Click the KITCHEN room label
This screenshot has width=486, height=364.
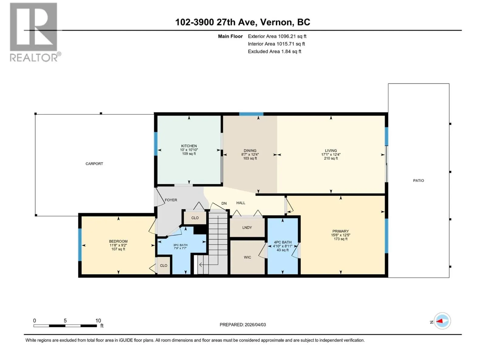189,146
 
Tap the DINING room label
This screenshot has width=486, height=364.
250,150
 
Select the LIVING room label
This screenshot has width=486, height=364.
331,150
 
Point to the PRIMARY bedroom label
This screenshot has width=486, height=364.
341,231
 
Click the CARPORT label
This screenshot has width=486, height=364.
94,164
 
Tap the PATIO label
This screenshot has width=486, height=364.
419,180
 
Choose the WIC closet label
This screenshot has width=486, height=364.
247,257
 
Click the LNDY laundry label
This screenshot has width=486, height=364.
247,227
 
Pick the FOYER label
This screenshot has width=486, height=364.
171,200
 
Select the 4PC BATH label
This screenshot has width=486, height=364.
282,242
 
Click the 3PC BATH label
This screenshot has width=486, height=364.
180,245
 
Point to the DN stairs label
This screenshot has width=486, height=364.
224,203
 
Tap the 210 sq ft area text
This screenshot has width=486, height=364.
331,158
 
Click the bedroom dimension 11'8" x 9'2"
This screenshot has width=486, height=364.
118,245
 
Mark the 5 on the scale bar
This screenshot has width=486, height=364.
65,320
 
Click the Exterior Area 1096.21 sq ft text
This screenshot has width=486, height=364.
277,36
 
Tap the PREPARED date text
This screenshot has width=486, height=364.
243,325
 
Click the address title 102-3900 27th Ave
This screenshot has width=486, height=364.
216,22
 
